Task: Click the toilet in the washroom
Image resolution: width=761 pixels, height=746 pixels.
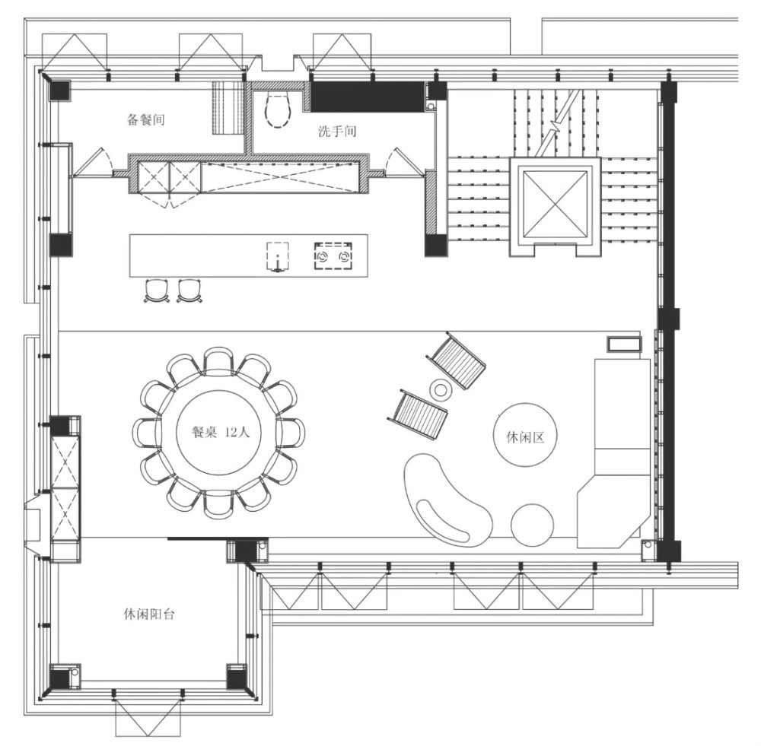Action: point(278,110)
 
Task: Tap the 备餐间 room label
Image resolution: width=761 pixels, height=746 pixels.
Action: point(145,119)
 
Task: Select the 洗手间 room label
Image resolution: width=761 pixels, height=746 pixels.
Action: point(337,131)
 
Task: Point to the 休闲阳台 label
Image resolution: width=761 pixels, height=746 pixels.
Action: point(149,614)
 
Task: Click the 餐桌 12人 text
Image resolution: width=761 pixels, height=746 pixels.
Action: point(221,432)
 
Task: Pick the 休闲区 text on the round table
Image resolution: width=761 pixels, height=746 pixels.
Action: point(525,437)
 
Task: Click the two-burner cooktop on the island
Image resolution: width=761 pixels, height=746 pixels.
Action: point(333,256)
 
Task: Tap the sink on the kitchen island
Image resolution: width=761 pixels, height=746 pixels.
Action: point(277,256)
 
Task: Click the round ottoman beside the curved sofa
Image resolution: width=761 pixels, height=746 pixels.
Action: point(533,525)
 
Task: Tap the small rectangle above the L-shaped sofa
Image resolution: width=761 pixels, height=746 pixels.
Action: point(624,344)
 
